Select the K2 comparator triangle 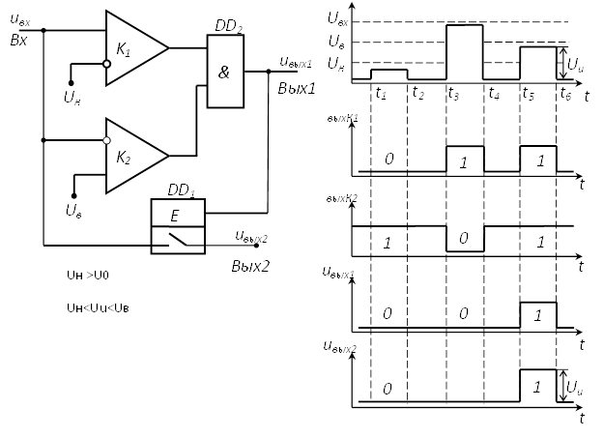[134, 155]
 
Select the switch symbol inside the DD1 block [180, 240]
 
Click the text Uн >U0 [87, 276]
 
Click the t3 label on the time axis [454, 94]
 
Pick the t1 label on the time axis [381, 94]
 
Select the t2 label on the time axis [417, 94]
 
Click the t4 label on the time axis [494, 94]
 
